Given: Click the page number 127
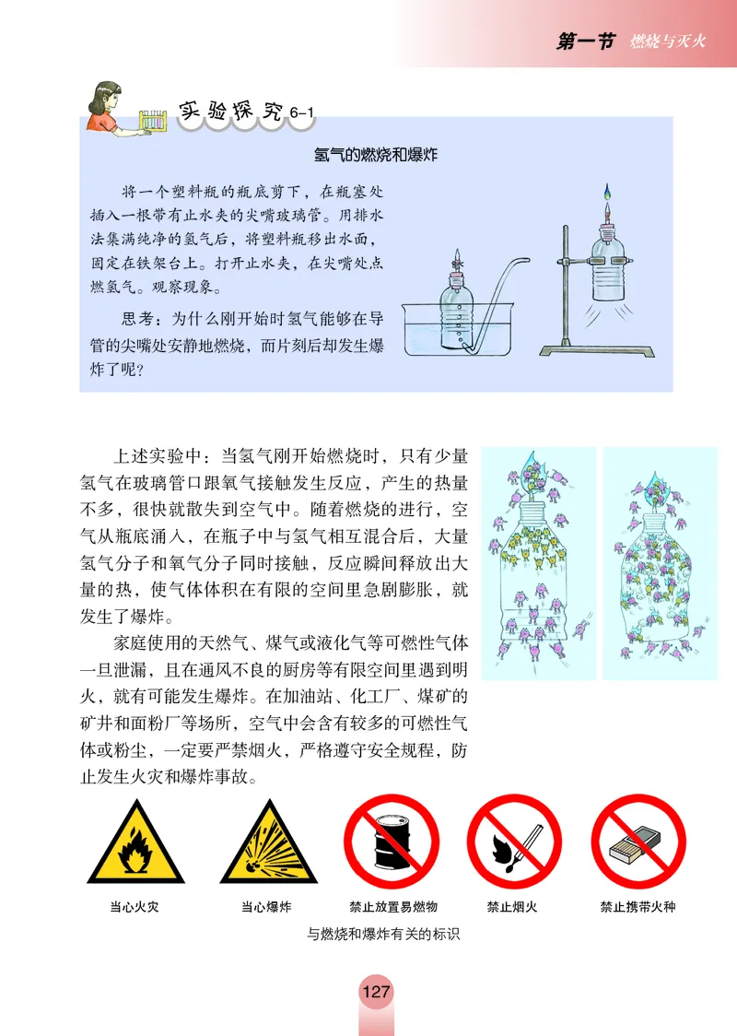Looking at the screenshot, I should [x=376, y=994].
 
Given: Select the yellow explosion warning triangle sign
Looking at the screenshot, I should [x=266, y=845].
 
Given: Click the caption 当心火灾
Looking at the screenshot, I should [x=135, y=907].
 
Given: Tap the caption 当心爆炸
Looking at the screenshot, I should [x=266, y=907].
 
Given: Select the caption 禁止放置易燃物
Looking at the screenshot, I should [x=392, y=907].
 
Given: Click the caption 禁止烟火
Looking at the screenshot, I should [x=513, y=907].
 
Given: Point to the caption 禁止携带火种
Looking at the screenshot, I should [x=638, y=907].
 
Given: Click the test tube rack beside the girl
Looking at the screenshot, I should [x=153, y=122].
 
